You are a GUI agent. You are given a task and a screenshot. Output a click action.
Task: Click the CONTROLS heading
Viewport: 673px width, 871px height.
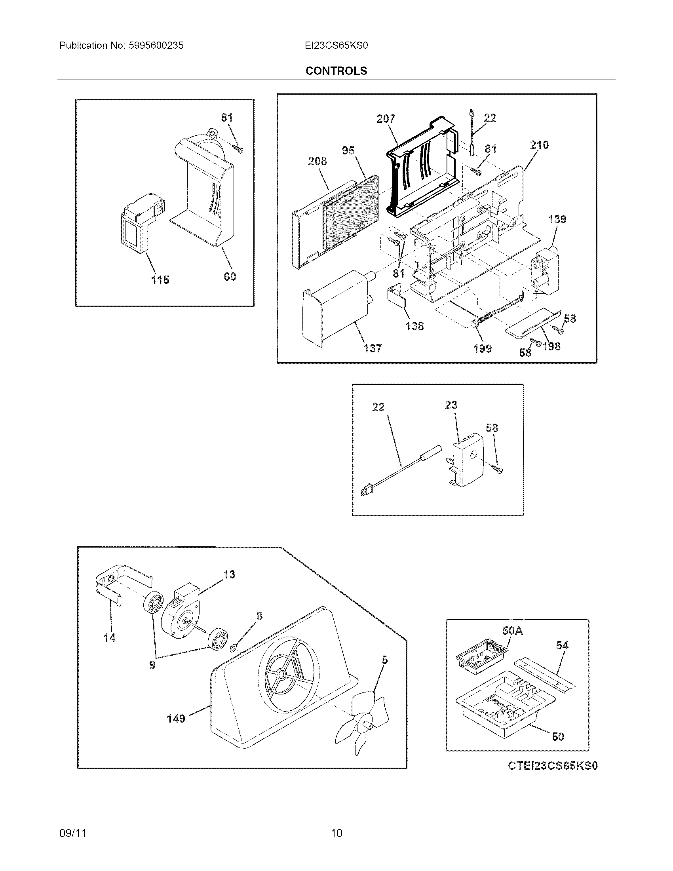pyautogui.click(x=336, y=71)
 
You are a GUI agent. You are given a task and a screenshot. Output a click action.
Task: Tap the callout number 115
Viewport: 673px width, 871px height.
pyautogui.click(x=160, y=280)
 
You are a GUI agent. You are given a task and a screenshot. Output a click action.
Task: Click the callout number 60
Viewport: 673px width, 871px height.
pyautogui.click(x=230, y=276)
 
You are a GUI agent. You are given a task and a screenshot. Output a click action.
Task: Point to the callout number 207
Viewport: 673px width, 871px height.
pyautogui.click(x=386, y=119)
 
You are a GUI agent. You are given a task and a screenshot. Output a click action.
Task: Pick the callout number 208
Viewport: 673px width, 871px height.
pyautogui.click(x=317, y=161)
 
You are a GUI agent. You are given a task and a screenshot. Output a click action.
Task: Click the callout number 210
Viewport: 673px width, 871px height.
pyautogui.click(x=539, y=145)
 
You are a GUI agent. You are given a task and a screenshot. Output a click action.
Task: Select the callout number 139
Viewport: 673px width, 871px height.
pyautogui.click(x=557, y=219)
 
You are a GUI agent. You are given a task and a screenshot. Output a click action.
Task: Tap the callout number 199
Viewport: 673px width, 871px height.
pyautogui.click(x=483, y=348)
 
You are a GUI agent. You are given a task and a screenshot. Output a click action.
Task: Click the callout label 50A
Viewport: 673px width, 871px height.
pyautogui.click(x=512, y=631)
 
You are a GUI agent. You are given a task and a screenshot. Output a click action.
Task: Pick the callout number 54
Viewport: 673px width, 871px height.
pyautogui.click(x=562, y=645)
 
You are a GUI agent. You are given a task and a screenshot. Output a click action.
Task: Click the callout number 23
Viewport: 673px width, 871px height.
pyautogui.click(x=451, y=405)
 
